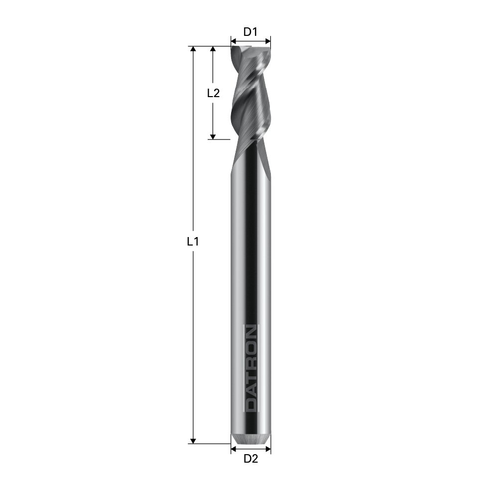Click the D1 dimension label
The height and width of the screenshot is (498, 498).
click(250, 32)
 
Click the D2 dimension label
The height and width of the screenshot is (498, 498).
click(250, 459)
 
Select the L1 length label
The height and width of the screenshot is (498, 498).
click(193, 242)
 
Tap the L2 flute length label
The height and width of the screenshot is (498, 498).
click(213, 93)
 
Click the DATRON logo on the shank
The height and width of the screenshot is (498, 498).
click(250, 369)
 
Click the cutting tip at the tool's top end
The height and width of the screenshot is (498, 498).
click(250, 49)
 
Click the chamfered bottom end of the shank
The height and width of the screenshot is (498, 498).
click(251, 439)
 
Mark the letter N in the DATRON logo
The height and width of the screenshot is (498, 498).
click(250, 332)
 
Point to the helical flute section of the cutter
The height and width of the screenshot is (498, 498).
click(250, 95)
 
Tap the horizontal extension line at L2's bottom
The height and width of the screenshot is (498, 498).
click(219, 139)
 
